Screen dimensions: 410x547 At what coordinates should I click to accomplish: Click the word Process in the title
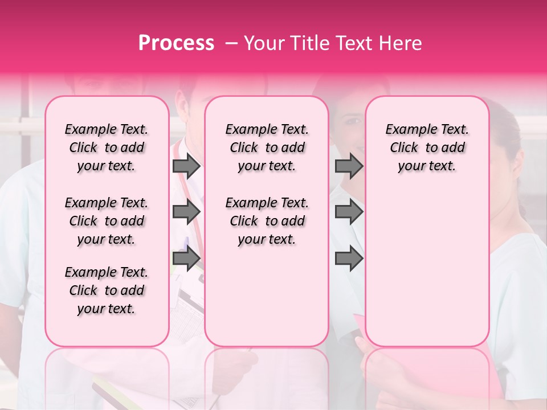point(176,43)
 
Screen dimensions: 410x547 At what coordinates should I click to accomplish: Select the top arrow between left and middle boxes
point(186,166)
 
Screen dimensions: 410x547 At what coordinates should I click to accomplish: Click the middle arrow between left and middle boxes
point(186,212)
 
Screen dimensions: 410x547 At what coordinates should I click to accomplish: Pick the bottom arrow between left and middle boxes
point(186,259)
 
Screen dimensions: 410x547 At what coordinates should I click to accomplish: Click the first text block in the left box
point(107,147)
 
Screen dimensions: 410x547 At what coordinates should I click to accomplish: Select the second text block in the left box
point(107,221)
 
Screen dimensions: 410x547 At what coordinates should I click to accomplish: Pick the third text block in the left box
point(107,290)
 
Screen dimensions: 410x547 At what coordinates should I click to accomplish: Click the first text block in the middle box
point(267,147)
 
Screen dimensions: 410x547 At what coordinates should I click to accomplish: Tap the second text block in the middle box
point(267,221)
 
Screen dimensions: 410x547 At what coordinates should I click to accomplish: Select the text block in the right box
point(427,147)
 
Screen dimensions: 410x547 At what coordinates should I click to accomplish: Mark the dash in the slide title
point(231,43)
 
